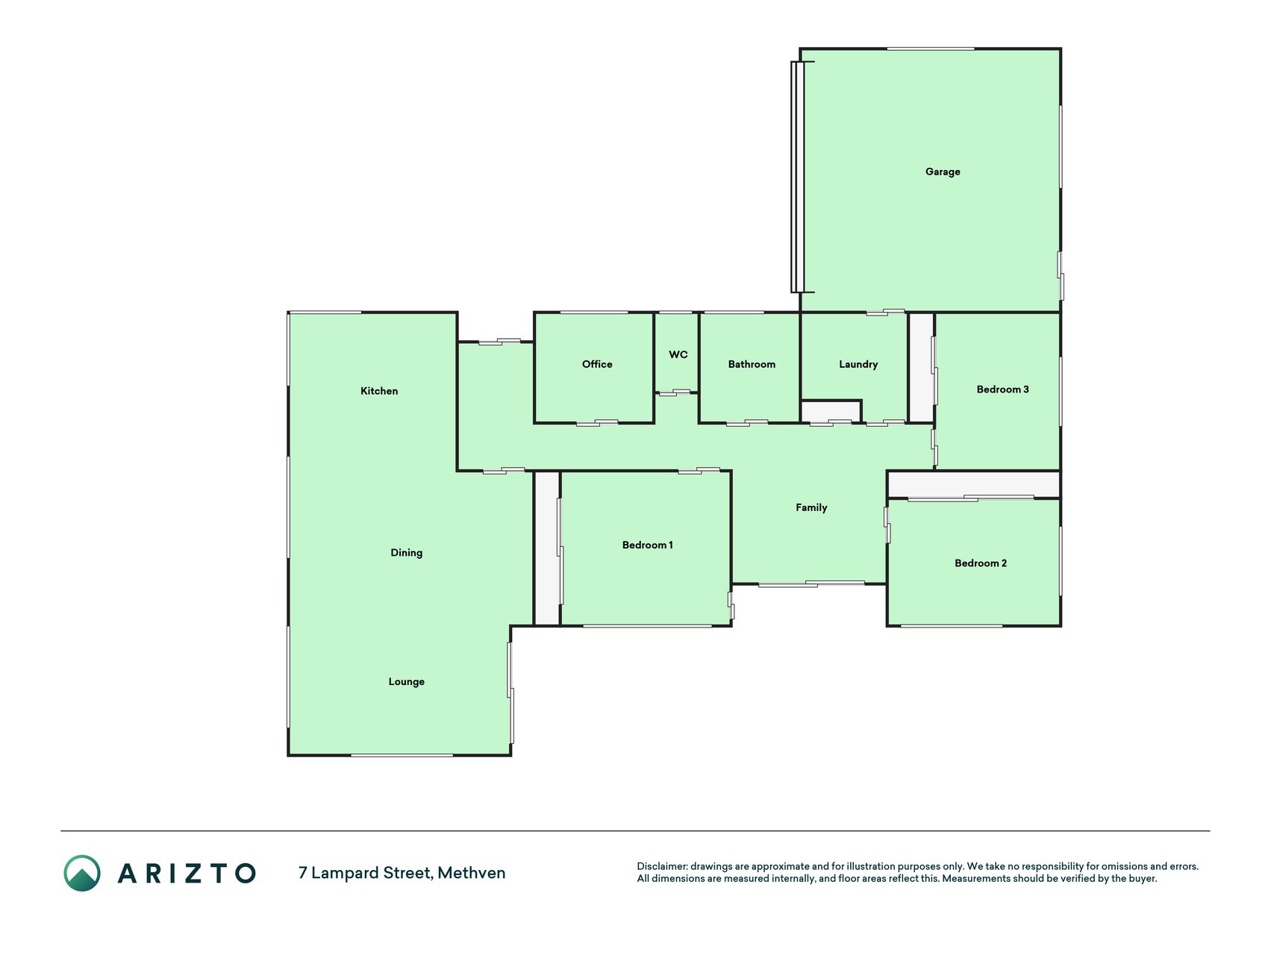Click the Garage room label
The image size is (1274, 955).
(x=943, y=172)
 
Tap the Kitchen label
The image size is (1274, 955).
(x=379, y=391)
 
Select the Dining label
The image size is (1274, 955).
(x=407, y=553)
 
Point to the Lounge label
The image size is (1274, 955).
(x=407, y=682)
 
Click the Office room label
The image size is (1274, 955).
(x=597, y=364)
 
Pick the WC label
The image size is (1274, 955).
(x=678, y=354)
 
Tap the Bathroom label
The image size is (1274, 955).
(x=752, y=364)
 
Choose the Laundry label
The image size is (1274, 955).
(x=858, y=364)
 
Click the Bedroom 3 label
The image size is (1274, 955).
(x=1003, y=389)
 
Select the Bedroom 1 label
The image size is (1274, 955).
(x=648, y=545)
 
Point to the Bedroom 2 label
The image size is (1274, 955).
(x=981, y=563)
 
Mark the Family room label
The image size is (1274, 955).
(x=811, y=508)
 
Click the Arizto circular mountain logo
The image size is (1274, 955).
(x=82, y=873)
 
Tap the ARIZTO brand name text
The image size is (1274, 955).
(x=187, y=873)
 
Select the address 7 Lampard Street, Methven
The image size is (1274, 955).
(x=402, y=873)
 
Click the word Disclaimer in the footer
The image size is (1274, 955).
(x=661, y=866)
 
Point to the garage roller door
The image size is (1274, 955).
(x=797, y=177)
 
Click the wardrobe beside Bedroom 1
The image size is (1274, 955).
(x=547, y=548)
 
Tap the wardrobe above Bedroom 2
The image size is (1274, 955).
(x=974, y=484)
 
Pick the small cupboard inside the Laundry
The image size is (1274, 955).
(x=831, y=412)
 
